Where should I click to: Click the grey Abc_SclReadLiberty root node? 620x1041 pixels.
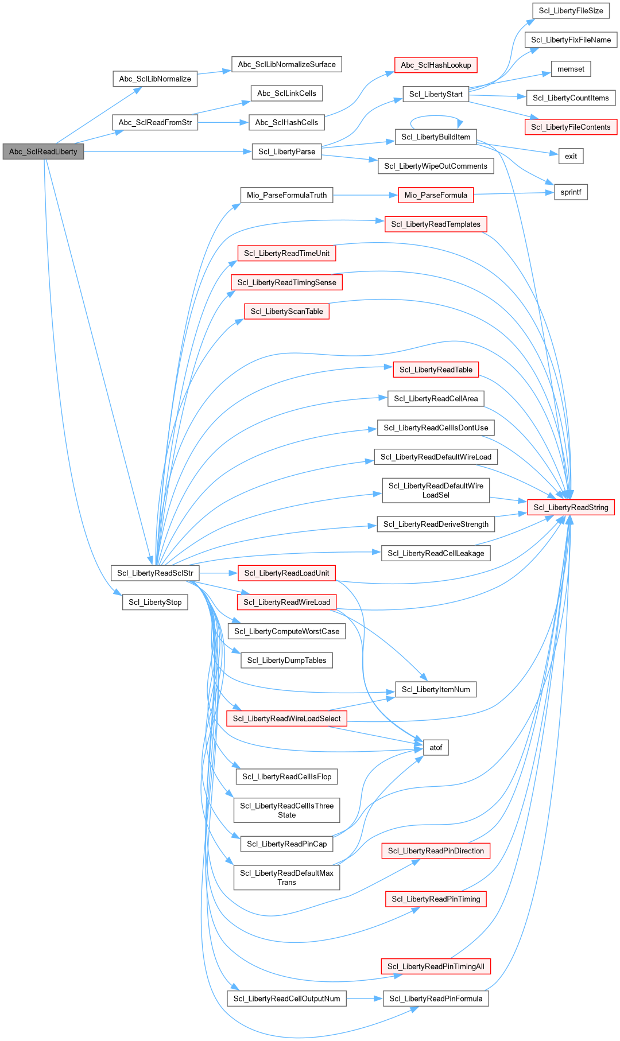[43, 152]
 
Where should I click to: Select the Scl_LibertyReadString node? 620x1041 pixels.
[571, 507]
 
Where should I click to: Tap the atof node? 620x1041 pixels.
[436, 748]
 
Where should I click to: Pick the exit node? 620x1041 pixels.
[571, 156]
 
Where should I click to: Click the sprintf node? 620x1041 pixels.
[571, 192]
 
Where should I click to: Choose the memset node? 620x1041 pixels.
[571, 69]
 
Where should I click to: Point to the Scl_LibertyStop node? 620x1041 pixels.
[155, 602]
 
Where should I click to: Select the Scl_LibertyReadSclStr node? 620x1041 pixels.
[155, 573]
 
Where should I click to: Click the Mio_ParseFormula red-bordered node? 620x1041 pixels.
[436, 195]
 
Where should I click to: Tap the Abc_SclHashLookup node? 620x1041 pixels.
[436, 65]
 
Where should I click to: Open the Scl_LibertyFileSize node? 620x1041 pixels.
[571, 11]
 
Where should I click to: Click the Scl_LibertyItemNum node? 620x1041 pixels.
[436, 689]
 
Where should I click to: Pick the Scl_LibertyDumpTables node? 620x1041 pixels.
[286, 661]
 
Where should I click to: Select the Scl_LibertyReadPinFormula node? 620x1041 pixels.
[436, 999]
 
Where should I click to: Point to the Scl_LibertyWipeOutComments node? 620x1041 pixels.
[436, 166]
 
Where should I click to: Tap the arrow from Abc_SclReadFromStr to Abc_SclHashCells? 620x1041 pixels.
[223, 122]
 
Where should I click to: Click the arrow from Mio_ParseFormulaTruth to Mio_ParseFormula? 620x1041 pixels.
[365, 195]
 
